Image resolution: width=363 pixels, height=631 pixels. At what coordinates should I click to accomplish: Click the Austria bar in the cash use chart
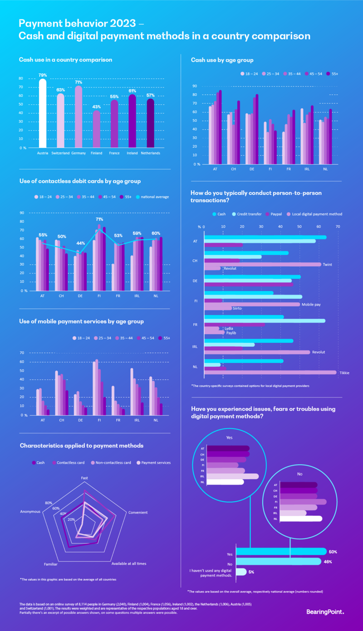coord(43,113)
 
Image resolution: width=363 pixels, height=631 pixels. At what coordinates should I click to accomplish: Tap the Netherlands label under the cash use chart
coord(150,154)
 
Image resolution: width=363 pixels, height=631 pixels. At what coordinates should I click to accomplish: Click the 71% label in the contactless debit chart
coord(99,219)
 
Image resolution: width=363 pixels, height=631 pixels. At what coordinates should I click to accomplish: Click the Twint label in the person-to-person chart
coord(327,264)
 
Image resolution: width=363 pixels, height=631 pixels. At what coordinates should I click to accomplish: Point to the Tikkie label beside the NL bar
coord(344,373)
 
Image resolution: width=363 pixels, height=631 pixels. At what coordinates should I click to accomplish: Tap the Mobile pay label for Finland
coord(311,305)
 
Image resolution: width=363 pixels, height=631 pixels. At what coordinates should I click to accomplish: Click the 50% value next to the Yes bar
coord(333,552)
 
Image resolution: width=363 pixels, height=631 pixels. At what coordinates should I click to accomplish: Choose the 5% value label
coord(251,572)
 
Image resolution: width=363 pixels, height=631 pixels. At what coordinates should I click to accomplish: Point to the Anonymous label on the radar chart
coord(30,512)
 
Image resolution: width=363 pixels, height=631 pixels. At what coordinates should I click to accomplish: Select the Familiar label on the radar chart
coord(50,564)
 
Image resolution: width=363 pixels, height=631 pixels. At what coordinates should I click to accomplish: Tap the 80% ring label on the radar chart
coord(49,502)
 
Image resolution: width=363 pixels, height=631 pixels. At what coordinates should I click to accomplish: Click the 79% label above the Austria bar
coord(43,75)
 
